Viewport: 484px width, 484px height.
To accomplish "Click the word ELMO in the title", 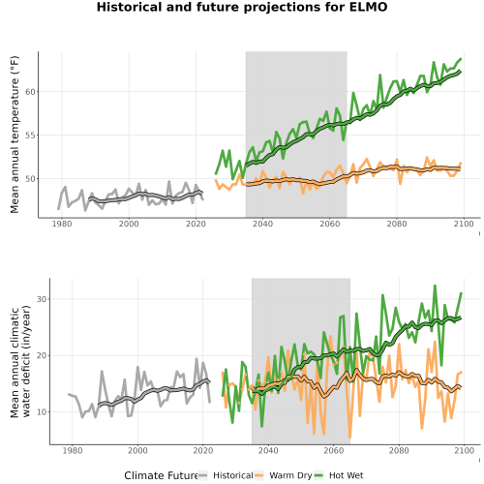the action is (368, 7).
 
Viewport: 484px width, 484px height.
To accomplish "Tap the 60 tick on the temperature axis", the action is (30, 92).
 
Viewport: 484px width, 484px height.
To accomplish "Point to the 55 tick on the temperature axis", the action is (30, 136).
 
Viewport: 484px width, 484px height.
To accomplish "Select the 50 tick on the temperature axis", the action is (30, 179).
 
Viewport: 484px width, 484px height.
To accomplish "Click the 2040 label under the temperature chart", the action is (262, 224).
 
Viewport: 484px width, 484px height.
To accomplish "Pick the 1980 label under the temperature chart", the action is (62, 224).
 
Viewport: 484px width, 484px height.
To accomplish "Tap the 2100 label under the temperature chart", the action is (464, 224).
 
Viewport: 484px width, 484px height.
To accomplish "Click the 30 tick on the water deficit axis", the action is (42, 299).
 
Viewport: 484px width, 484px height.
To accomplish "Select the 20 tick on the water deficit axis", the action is (42, 355).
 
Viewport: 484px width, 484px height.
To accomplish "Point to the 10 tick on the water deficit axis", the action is (42, 412).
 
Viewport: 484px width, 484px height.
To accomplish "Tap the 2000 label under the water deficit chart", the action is (137, 450).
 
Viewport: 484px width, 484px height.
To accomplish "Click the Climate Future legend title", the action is (161, 475).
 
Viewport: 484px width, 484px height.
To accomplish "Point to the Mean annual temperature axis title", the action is (15, 135).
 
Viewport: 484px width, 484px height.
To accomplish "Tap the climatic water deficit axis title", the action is (20, 361).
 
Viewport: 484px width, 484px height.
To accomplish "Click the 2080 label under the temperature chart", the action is (397, 224).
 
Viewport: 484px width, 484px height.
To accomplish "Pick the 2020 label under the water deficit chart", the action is (203, 450).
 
